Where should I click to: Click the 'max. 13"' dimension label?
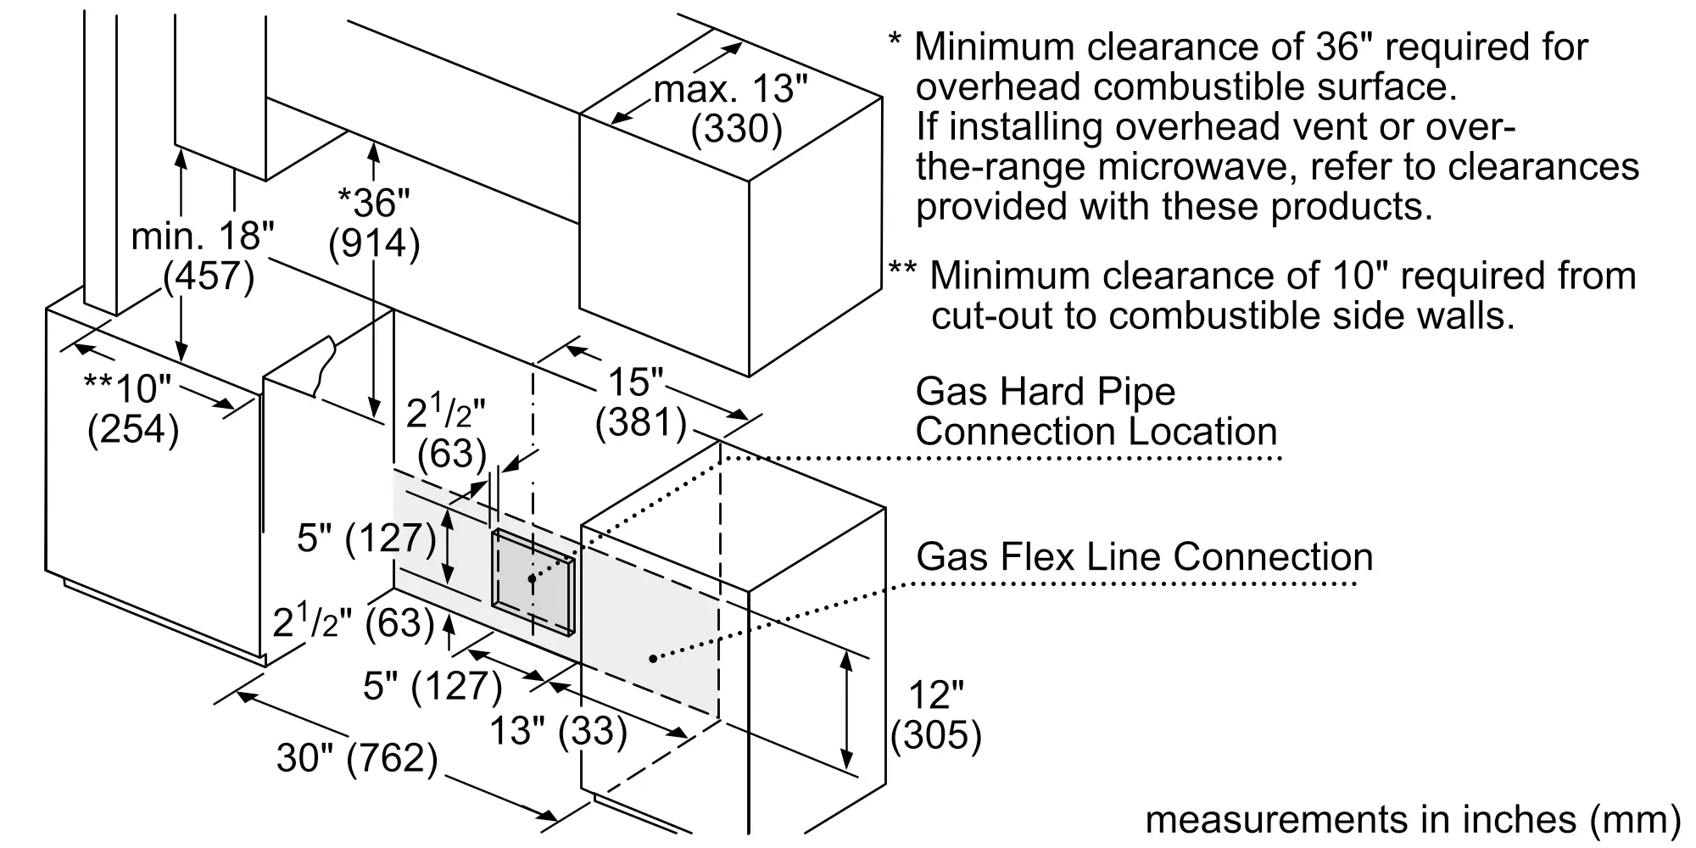731,89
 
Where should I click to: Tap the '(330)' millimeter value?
736,129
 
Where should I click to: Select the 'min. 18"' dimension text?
203,236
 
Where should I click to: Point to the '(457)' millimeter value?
209,276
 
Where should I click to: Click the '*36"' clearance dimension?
374,203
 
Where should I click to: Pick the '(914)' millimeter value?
374,243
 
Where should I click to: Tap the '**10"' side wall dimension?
128,388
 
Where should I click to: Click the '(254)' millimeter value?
133,429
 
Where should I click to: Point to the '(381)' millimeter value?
641,422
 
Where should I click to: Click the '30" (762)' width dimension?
357,757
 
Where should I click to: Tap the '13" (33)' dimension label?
559,730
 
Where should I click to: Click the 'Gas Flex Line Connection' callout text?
1145,557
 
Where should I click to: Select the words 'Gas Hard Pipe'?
1046,392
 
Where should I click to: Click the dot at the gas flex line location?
652,658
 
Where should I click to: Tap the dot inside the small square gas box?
532,578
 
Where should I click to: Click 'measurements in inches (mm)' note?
1413,819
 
